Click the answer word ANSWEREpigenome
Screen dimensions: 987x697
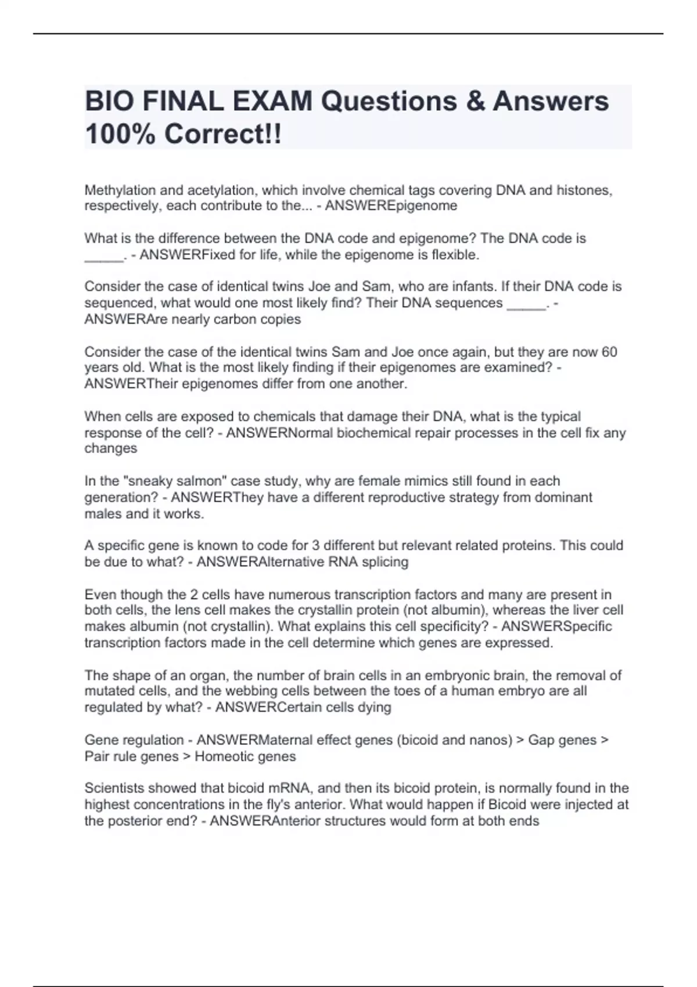point(391,206)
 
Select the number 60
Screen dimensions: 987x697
point(609,352)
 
